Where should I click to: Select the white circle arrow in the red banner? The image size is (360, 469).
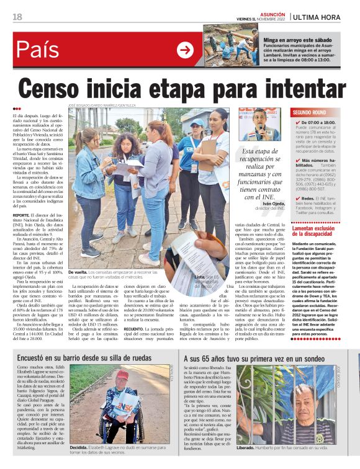(x=185, y=50)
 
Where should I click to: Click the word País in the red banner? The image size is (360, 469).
(x=38, y=50)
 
